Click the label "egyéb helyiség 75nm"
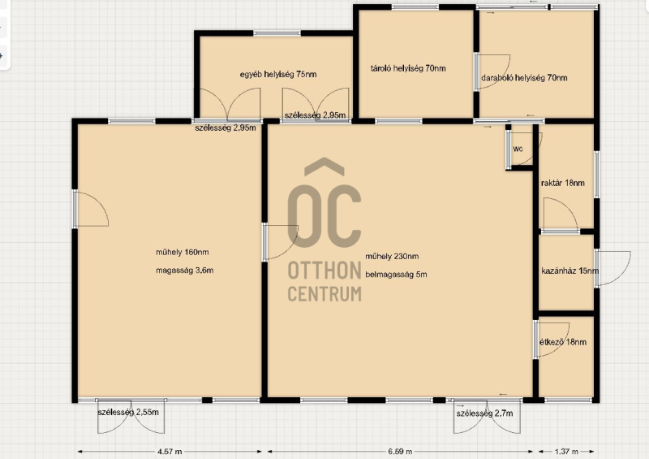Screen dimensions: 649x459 [x=278, y=75]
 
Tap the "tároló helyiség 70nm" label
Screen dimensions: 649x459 [x=408, y=68]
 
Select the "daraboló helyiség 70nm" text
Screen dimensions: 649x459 [x=524, y=77]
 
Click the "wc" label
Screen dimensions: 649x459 [x=518, y=149]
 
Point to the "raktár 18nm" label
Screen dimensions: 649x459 [x=563, y=183]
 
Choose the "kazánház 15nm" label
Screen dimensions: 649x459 [x=570, y=271]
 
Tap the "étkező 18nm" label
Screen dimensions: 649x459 [x=563, y=342]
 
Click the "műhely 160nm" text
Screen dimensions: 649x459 [x=182, y=252]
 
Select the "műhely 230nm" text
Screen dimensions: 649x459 [x=392, y=256]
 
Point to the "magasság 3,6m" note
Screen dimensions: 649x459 [x=185, y=271]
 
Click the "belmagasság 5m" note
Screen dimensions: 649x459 [x=396, y=275]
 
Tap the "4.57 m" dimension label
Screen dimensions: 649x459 [x=170, y=452]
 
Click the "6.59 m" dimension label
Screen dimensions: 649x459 [x=400, y=452]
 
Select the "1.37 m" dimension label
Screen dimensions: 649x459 [x=566, y=452]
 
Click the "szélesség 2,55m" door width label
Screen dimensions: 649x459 [x=128, y=413]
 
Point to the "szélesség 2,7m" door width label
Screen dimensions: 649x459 [x=484, y=414]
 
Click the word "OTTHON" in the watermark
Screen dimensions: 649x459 [x=324, y=271]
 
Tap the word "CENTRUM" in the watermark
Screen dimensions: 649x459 [x=324, y=293]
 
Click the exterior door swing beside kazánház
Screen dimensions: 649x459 [x=612, y=268]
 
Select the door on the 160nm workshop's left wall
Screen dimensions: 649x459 [x=91, y=209]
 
